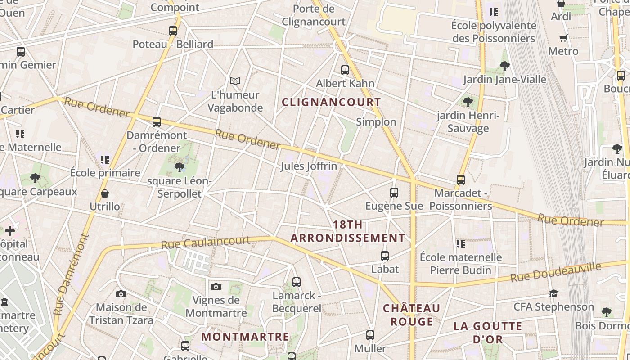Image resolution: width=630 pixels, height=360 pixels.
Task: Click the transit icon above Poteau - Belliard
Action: click(173, 31)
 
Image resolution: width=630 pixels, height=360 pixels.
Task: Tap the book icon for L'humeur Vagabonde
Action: click(235, 81)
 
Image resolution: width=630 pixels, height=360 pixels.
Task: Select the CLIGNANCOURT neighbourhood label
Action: click(331, 102)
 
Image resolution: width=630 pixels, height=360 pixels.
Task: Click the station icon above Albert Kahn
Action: click(345, 70)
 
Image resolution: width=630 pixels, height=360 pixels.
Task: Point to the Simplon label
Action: click(376, 122)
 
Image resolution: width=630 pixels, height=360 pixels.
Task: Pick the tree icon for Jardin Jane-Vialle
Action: click(504, 66)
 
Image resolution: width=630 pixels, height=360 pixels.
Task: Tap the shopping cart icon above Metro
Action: click(563, 38)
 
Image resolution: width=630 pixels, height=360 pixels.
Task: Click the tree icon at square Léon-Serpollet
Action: click(180, 168)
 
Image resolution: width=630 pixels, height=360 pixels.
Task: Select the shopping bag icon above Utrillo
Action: click(105, 193)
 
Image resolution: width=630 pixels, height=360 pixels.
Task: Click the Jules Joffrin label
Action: click(309, 166)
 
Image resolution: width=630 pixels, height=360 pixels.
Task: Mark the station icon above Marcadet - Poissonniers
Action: click(461, 180)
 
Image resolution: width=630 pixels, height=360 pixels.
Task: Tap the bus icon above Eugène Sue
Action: click(394, 193)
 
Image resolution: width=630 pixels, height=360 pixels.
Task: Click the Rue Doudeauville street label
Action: click(556, 273)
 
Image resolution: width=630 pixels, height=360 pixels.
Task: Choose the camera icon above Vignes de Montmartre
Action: click(216, 287)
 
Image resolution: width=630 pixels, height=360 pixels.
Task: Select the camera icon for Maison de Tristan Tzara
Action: click(121, 294)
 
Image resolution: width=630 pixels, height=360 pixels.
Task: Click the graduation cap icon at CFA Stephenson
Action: click(553, 293)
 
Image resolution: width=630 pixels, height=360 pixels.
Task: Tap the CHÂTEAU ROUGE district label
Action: click(412, 315)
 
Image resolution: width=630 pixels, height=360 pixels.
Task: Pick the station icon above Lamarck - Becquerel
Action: click(297, 282)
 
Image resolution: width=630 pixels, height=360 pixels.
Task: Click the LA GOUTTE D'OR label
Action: click(488, 332)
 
